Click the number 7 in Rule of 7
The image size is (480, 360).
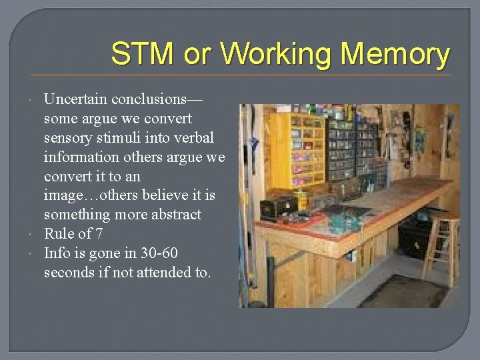coord(99,234)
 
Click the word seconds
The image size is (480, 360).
coord(67,273)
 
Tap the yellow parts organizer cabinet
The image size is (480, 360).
coord(303,149)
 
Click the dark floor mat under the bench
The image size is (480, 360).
coord(404,292)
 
